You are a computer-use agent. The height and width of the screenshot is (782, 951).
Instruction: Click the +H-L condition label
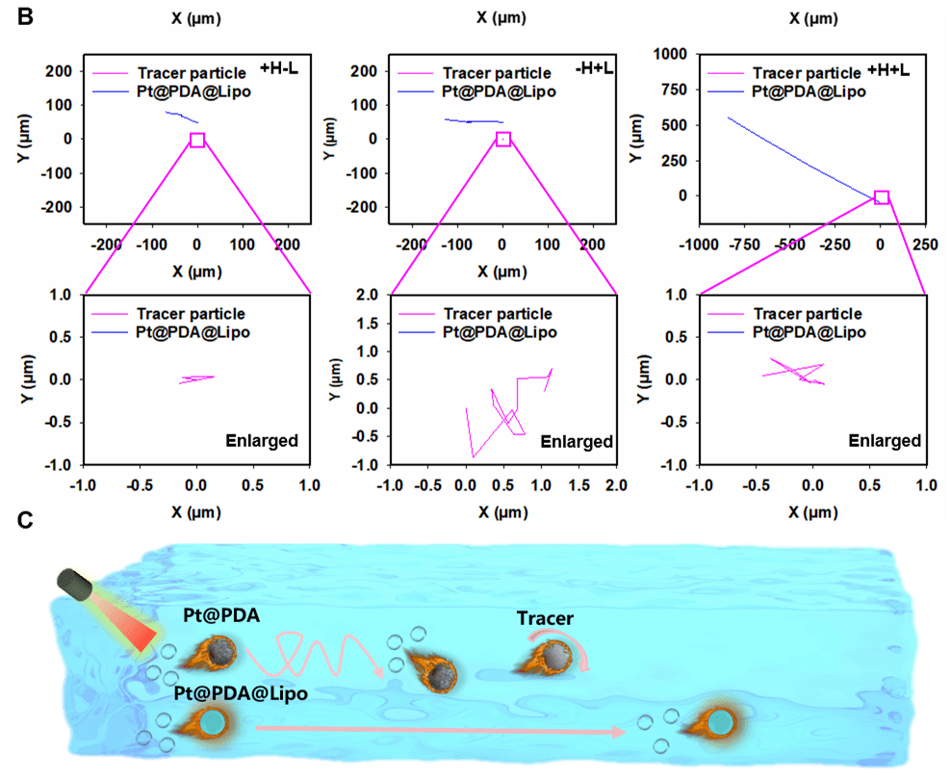click(279, 69)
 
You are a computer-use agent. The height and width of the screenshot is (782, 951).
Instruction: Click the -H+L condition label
click(584, 69)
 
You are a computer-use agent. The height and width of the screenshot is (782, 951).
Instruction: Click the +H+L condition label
click(887, 69)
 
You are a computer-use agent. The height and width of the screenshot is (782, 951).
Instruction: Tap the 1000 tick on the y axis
click(671, 55)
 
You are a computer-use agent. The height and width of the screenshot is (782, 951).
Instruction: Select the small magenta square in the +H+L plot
click(881, 197)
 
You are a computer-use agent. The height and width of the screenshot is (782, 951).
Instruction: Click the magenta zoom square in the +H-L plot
click(197, 140)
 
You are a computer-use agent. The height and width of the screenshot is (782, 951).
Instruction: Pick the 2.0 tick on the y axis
click(363, 296)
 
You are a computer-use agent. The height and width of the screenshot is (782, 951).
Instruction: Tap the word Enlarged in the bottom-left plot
click(262, 440)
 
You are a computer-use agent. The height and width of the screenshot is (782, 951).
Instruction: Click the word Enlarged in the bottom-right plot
click(885, 440)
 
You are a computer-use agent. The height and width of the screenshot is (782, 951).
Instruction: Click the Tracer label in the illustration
click(545, 619)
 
